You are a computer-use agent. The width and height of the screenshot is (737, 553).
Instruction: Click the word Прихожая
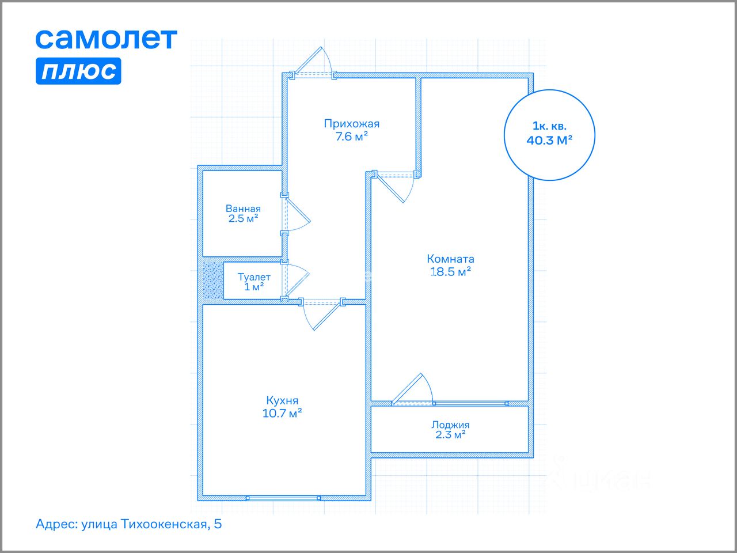click(351, 123)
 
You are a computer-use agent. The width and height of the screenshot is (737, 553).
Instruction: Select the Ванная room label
click(243, 209)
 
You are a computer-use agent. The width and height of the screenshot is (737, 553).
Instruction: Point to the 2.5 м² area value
click(243, 218)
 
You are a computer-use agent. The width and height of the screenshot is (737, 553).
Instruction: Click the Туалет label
click(254, 277)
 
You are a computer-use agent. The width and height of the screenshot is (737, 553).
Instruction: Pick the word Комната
click(450, 259)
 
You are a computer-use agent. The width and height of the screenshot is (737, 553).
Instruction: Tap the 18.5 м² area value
click(451, 272)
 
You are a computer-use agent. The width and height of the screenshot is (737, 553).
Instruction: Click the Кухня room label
click(282, 400)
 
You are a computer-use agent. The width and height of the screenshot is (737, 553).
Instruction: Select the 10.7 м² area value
click(282, 413)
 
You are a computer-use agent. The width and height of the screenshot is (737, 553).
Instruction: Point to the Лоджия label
click(450, 425)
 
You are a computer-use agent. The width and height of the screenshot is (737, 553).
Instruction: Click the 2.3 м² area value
click(450, 435)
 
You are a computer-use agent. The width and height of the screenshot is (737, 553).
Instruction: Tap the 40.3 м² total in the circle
click(549, 140)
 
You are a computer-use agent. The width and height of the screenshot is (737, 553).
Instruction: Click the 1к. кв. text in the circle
click(549, 126)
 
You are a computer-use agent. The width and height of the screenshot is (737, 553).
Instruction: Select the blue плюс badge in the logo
click(78, 71)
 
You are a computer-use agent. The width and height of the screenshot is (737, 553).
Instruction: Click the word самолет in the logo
click(106, 39)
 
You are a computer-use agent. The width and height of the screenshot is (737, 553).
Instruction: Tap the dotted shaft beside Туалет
click(212, 281)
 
